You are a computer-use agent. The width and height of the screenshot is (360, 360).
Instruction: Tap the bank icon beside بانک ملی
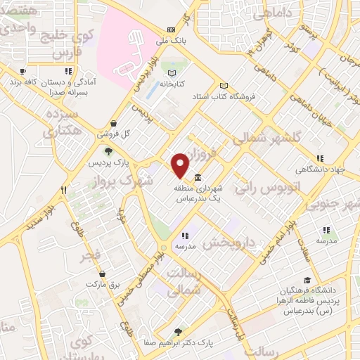[172, 30]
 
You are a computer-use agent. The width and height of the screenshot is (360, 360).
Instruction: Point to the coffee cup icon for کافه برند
[22, 71]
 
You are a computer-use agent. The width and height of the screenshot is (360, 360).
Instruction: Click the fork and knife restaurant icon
[63, 190]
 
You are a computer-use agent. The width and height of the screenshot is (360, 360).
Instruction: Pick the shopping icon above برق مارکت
[103, 274]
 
